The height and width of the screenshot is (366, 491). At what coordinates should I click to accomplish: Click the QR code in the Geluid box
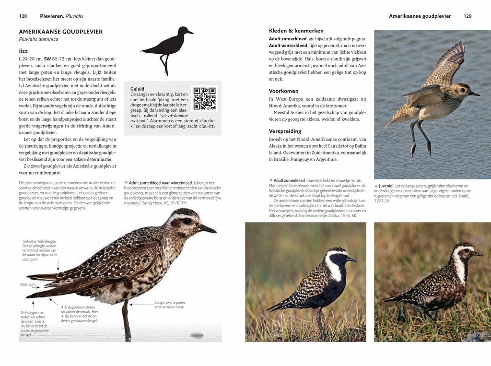(x=205, y=98)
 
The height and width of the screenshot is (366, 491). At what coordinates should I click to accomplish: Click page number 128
(x=23, y=16)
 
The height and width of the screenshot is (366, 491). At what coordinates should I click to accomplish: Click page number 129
(x=468, y=16)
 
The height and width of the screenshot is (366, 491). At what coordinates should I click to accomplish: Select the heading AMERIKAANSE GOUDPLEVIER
(x=61, y=32)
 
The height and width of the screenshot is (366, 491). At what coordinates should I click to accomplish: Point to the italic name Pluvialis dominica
(x=38, y=39)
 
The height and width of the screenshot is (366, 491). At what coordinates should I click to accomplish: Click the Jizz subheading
(x=23, y=51)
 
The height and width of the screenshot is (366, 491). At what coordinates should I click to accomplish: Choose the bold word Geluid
(x=137, y=89)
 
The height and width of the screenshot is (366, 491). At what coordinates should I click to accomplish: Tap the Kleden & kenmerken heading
(x=296, y=31)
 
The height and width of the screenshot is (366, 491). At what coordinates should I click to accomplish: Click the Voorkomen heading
(x=284, y=91)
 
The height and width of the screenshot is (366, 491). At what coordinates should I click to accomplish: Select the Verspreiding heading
(x=285, y=131)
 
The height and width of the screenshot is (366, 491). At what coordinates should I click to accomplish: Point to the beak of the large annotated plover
(x=208, y=229)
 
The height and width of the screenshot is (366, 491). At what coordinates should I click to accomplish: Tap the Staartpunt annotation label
(x=28, y=284)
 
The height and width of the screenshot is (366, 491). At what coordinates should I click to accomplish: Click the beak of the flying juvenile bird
(x=474, y=94)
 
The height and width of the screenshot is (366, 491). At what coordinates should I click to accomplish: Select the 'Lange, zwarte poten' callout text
(x=170, y=305)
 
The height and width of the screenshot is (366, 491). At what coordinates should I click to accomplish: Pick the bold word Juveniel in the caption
(x=386, y=186)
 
